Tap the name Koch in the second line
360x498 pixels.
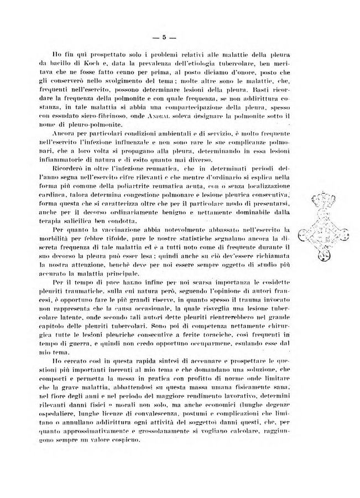pyautogui.click(x=91, y=65)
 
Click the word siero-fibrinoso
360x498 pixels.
pyautogui.click(x=103, y=115)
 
